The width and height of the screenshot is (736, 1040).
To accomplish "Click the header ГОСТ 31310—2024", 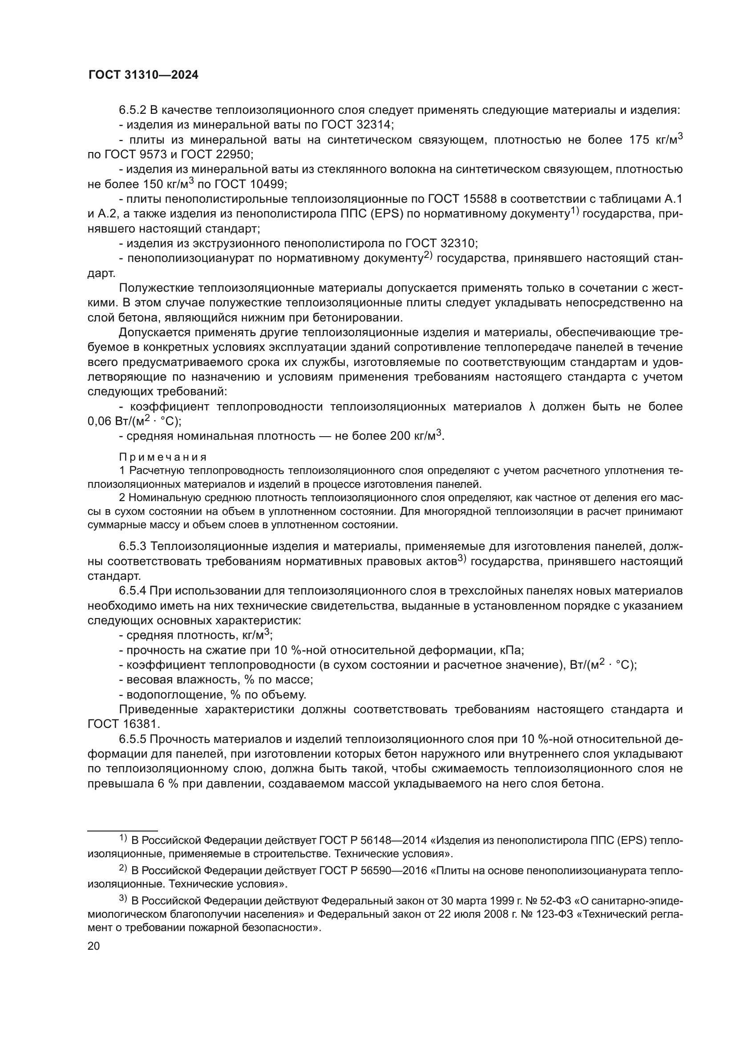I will pos(143,75).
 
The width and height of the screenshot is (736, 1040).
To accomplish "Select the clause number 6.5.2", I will pos(132,110).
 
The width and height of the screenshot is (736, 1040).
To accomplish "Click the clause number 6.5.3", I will pos(132,547).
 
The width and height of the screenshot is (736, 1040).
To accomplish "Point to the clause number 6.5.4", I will pos(132,591).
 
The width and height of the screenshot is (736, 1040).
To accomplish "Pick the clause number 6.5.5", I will pos(132,739).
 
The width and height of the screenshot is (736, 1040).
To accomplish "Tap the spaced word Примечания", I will pos(163,457).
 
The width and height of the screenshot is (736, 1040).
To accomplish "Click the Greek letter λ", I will pos(532,407).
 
